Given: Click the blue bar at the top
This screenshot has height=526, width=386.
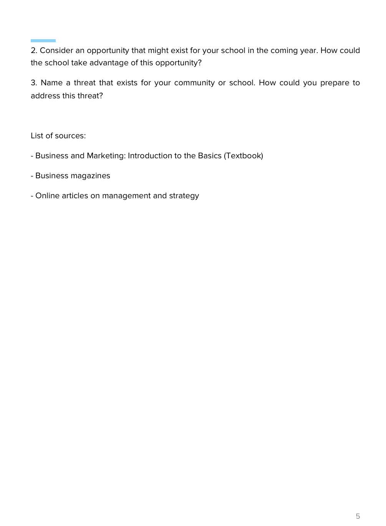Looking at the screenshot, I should (x=43, y=41).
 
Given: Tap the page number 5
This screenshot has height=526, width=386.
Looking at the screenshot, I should (x=358, y=516).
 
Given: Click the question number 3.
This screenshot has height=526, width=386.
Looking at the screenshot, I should (x=33, y=83).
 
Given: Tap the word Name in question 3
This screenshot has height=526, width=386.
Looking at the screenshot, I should (x=51, y=83).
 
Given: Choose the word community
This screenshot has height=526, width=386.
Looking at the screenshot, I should (x=194, y=83).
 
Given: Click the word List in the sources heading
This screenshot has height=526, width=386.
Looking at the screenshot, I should (x=37, y=136).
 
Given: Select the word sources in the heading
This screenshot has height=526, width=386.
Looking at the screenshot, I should (x=70, y=136).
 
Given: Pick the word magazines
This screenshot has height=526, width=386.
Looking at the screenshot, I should (x=92, y=176).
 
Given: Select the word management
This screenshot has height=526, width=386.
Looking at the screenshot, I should (x=126, y=196).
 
